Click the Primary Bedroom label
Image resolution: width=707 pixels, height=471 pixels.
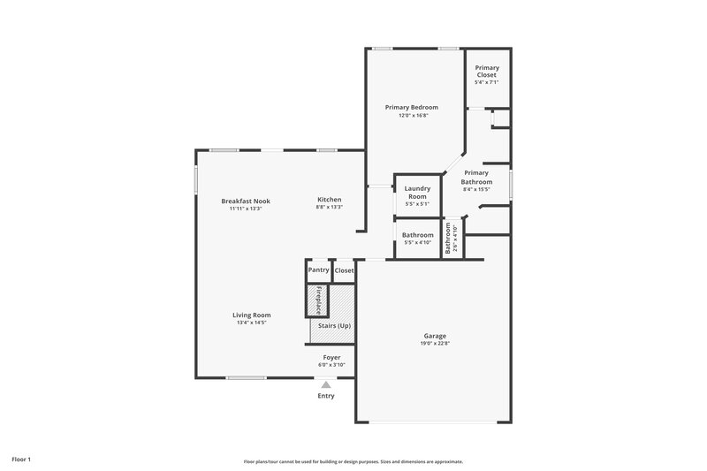coord(412,107)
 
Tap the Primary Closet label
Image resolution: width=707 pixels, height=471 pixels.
coord(488,72)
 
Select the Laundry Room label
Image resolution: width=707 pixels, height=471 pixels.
coord(417,192)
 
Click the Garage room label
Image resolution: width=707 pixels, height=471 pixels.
coord(435,336)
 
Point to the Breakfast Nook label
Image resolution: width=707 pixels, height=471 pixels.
coord(246,201)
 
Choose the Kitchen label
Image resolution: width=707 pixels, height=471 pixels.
coord(329,200)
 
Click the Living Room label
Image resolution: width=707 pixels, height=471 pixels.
coord(252,315)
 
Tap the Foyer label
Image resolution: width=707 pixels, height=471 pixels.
coord(331,357)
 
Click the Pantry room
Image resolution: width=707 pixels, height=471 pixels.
coord(318,270)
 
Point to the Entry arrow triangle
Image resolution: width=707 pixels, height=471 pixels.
coord(326,385)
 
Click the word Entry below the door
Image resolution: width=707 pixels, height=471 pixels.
coord(326,396)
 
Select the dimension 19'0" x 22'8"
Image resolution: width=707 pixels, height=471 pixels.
coord(435,343)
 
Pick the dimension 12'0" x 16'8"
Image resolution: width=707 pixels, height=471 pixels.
coord(412,115)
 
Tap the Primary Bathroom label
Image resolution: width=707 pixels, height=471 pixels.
coord(476,178)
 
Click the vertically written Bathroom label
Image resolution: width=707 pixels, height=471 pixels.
coord(449,239)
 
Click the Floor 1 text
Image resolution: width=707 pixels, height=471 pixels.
coord(22,460)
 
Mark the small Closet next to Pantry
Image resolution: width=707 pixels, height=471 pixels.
coord(344,270)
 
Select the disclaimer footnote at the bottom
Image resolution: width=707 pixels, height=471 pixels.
coord(353,461)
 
